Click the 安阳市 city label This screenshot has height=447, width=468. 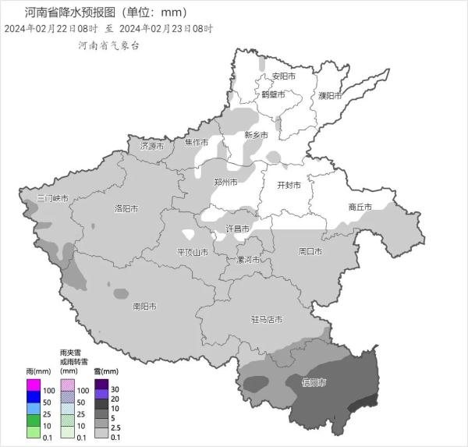pyautogui.click(x=284, y=76)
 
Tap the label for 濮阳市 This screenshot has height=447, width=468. pyautogui.click(x=330, y=95)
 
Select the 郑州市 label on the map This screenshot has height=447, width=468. pyautogui.click(x=227, y=182)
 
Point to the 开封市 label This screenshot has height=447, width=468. pyautogui.click(x=289, y=186)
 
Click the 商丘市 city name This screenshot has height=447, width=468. pyautogui.click(x=360, y=207)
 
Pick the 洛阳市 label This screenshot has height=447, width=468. pyautogui.click(x=126, y=208)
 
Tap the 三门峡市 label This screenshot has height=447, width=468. pyautogui.click(x=53, y=199)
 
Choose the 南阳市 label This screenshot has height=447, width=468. pyautogui.click(x=144, y=307)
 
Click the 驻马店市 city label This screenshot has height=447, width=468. pyautogui.click(x=267, y=319)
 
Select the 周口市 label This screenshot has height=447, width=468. pyautogui.click(x=310, y=251)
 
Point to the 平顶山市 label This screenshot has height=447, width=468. pyautogui.click(x=193, y=252)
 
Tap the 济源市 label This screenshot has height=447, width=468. pyautogui.click(x=152, y=146)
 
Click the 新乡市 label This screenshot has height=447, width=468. pyautogui.click(x=256, y=135)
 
